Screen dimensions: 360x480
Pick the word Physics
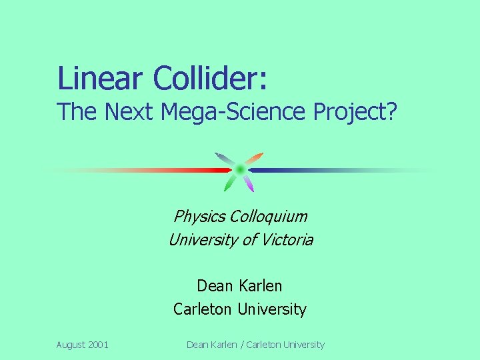pyautogui.click(x=199, y=216)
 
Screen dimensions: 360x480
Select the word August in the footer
pyautogui.click(x=71, y=345)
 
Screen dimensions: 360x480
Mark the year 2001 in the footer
pyautogui.click(x=99, y=345)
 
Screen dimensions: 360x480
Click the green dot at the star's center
pyautogui.click(x=240, y=169)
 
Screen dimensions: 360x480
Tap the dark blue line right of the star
pyautogui.click(x=287, y=170)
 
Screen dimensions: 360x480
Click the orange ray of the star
pyautogui.click(x=255, y=159)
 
